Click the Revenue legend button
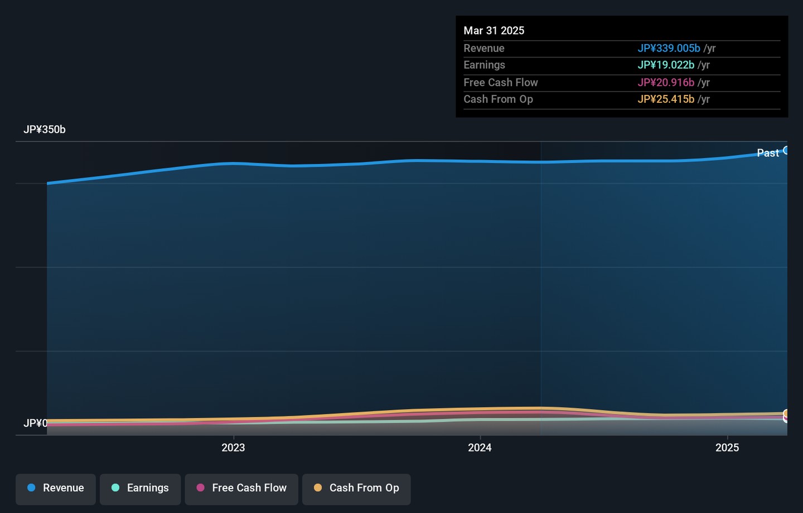56,488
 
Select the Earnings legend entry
140,488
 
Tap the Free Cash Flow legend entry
241,488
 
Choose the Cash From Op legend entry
356,488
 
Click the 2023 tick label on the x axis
233,448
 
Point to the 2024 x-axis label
480,448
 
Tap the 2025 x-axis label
727,448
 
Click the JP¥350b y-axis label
45,130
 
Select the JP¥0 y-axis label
36,423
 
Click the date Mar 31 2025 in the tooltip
494,31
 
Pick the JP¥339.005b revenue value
669,49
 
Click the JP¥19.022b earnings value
666,65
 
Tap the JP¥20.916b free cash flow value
666,83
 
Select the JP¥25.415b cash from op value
666,99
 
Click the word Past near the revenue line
767,153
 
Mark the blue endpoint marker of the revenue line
786,150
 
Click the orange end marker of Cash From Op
786,414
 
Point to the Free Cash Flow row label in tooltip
500,83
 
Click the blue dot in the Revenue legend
32,488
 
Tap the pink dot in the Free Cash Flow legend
201,488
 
